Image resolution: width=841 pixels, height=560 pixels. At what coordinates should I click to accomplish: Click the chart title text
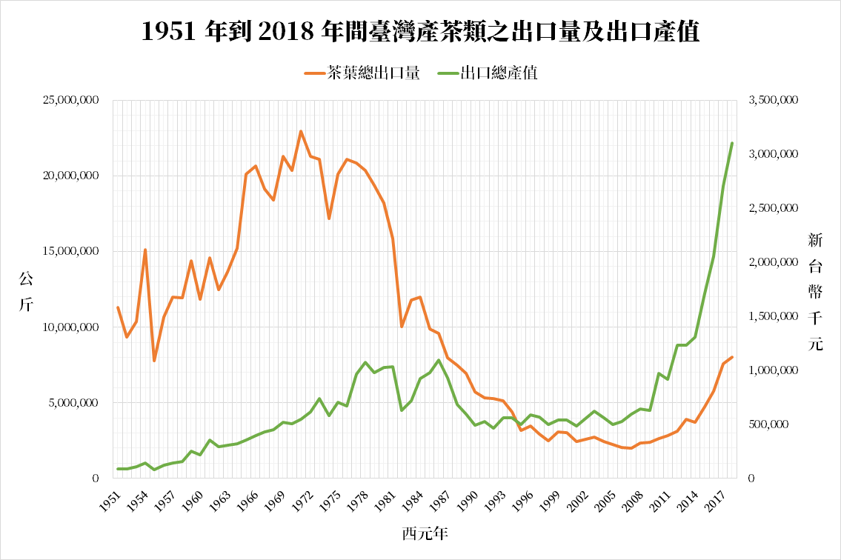click(x=420, y=31)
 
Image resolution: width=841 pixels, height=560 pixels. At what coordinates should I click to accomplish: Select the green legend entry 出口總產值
click(x=488, y=73)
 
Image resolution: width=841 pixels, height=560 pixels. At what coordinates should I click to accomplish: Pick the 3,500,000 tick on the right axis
click(x=772, y=101)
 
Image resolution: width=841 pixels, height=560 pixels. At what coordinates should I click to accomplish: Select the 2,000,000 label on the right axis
click(x=772, y=263)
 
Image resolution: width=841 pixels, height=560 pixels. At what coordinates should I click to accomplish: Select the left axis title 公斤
click(x=27, y=292)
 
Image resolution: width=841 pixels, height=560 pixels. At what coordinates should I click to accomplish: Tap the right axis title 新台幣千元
click(x=815, y=292)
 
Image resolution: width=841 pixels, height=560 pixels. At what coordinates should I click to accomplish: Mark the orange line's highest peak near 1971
click(x=301, y=131)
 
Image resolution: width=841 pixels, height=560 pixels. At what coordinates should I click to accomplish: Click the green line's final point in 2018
click(x=732, y=143)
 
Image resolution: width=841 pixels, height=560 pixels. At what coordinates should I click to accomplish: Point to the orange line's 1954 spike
click(x=145, y=250)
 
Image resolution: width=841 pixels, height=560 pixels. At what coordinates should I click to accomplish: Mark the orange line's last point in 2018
click(x=732, y=357)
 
